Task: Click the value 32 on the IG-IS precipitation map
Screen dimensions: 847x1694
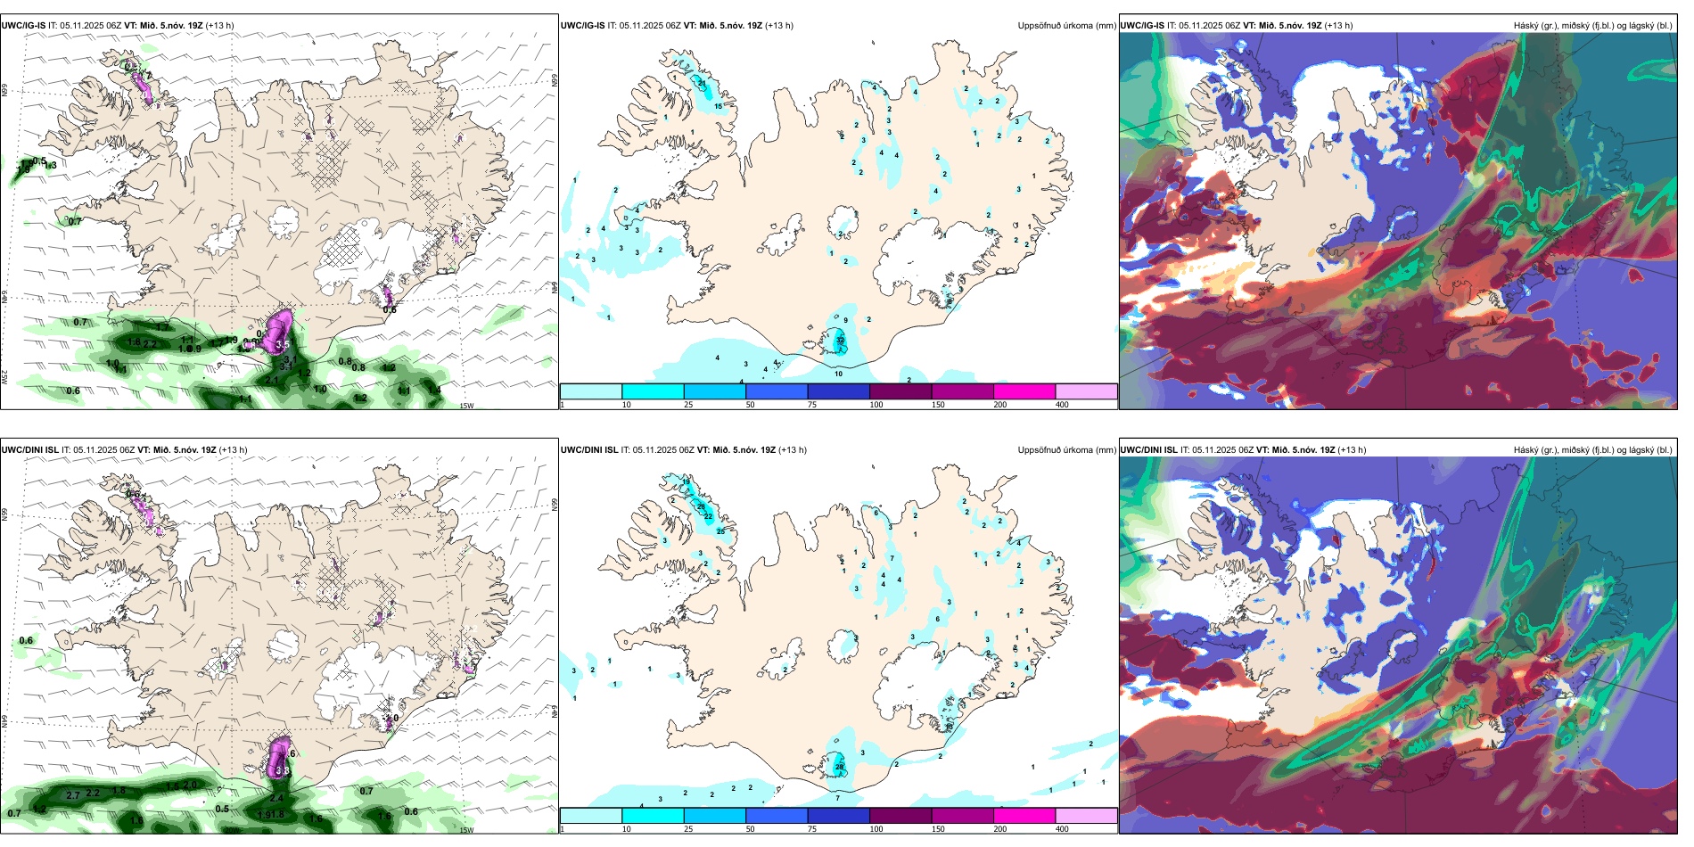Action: click(840, 341)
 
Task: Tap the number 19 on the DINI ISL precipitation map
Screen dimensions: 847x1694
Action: click(686, 482)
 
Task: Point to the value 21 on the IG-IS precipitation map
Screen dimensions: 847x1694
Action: click(702, 83)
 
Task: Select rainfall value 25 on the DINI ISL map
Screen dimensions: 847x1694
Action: click(720, 531)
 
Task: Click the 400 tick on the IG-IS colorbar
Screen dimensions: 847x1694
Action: click(1062, 405)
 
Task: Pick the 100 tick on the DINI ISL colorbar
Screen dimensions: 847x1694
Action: click(876, 829)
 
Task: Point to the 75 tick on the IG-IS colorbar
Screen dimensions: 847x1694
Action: click(812, 405)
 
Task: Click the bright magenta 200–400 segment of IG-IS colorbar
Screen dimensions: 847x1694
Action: click(1024, 391)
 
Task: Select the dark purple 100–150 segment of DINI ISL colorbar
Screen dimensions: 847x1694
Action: click(900, 816)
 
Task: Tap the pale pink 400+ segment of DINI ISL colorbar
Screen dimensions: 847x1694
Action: click(1086, 816)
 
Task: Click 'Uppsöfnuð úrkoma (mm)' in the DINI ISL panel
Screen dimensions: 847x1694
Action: click(1066, 450)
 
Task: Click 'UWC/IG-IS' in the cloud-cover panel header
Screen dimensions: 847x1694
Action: click(1142, 26)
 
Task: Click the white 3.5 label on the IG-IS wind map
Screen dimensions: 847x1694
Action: click(283, 344)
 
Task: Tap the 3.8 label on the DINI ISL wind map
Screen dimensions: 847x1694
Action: click(283, 770)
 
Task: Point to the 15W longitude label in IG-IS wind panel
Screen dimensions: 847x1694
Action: click(465, 407)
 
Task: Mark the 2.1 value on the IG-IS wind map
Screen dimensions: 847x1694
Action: click(272, 380)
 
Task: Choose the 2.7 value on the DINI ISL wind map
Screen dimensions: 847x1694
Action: click(73, 795)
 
